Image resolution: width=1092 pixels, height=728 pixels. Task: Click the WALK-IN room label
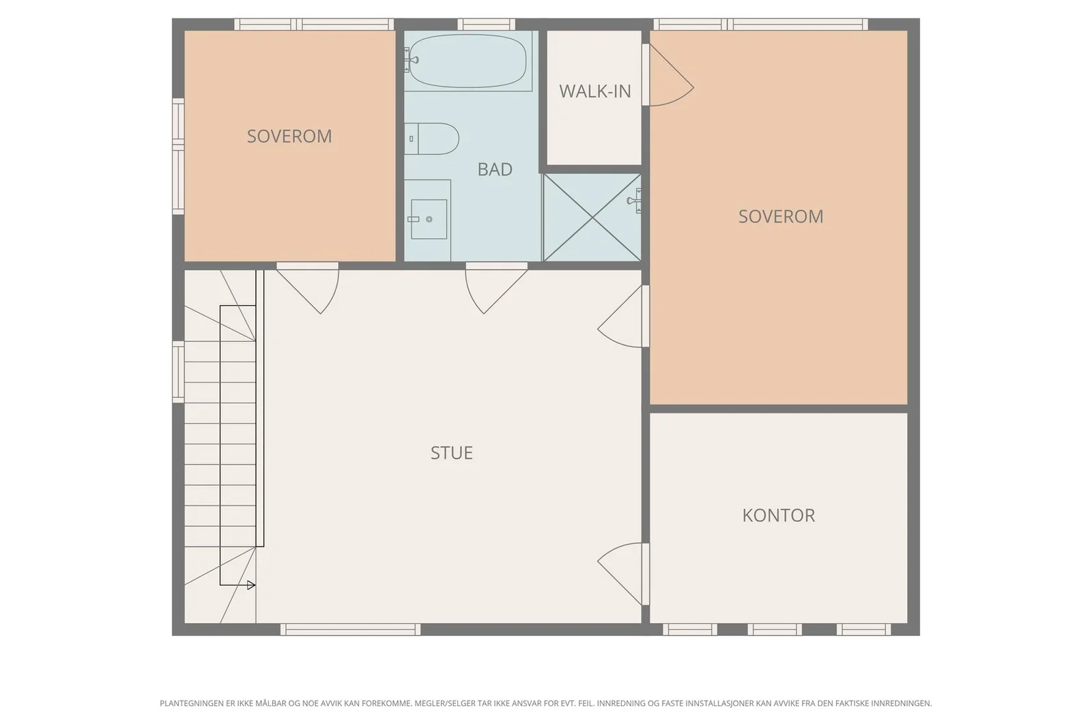point(594,91)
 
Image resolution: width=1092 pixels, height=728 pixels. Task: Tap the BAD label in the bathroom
point(495,169)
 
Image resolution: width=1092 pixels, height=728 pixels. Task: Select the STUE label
point(451,452)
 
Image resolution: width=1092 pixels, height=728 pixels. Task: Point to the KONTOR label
point(779,515)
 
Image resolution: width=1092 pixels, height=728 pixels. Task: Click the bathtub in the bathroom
point(468,61)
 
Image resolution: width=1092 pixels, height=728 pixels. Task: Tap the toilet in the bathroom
point(431,139)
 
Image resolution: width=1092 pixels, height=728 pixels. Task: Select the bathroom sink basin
point(429,219)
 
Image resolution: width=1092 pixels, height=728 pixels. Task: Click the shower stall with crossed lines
point(592,218)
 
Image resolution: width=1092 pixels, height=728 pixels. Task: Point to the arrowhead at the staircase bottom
point(251,585)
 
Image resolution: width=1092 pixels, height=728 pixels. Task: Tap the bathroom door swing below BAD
point(496,288)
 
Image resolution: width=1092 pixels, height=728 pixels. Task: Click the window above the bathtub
point(486,25)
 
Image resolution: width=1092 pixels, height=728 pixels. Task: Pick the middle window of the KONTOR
point(775,630)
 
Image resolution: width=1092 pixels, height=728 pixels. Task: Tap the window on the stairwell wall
point(178,372)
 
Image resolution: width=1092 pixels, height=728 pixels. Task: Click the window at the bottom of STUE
point(350,630)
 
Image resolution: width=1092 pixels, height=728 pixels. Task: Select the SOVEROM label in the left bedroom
point(289,136)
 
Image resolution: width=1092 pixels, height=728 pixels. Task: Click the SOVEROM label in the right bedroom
point(781,216)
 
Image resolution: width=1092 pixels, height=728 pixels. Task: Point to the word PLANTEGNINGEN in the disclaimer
point(192,703)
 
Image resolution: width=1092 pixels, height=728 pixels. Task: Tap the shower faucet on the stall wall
point(634,201)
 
